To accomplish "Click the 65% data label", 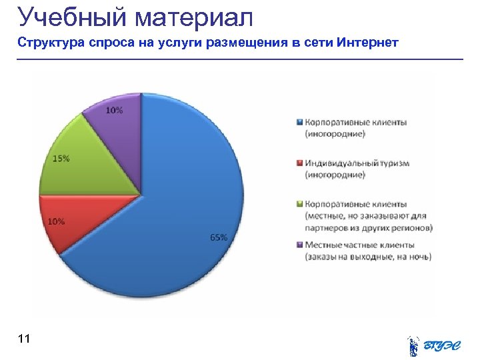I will tap(219, 237).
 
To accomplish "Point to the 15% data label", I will tap(61, 159).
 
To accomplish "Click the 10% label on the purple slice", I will tap(114, 111).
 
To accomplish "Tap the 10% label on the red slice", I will tap(55, 221).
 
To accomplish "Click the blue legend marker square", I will tap(300, 123).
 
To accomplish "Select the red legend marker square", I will tap(300, 163).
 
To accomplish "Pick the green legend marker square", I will tap(300, 205).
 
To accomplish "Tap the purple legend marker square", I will tap(300, 245).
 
